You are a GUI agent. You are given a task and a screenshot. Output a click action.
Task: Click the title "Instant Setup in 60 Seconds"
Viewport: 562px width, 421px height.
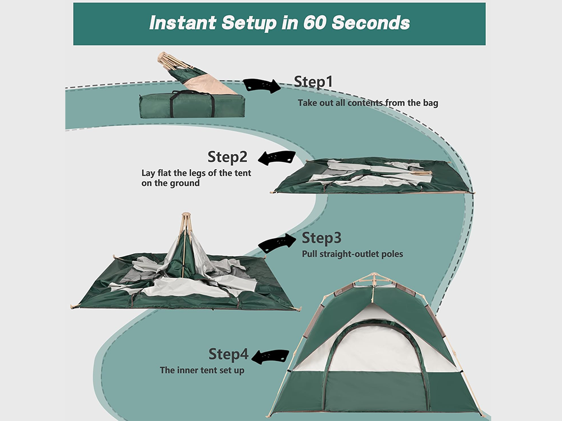[x=279, y=23]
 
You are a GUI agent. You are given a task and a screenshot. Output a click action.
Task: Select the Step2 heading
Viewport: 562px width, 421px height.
[x=228, y=156]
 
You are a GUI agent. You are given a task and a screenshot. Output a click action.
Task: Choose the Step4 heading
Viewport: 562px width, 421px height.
[x=228, y=354]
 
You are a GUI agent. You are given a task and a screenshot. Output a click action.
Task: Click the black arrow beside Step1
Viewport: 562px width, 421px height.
[x=262, y=85]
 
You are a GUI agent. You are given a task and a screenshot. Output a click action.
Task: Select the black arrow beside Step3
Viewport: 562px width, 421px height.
[x=277, y=243]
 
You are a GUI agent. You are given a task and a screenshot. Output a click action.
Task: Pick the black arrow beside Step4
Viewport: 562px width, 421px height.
[x=270, y=356]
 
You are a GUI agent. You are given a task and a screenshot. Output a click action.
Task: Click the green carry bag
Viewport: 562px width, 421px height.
[x=192, y=106]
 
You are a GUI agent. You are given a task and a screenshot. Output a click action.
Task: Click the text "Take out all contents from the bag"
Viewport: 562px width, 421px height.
[x=368, y=103]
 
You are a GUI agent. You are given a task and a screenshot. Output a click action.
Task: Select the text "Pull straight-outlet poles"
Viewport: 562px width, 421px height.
[x=352, y=253]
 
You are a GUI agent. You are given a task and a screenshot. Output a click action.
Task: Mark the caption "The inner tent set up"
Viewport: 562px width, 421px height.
[x=202, y=370]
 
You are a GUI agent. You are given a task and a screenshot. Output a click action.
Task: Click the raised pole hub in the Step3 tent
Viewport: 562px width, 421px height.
[x=185, y=222]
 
